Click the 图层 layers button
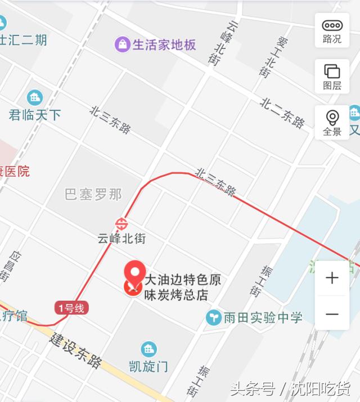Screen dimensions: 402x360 coord(332,76)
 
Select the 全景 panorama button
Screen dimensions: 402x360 coord(332,122)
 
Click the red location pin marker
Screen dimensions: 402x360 coord(134,273)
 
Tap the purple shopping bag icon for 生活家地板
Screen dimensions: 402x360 coord(122,44)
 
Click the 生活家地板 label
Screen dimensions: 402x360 coord(164,45)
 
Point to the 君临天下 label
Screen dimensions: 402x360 coord(35,115)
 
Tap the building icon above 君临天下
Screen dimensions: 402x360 coord(35,97)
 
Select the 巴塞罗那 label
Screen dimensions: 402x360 coord(93,195)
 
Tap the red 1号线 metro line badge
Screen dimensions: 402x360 coord(71,307)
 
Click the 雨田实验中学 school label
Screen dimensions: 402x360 coord(262,318)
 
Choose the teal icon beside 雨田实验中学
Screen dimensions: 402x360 coord(214,318)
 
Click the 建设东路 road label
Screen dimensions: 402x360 coord(75,350)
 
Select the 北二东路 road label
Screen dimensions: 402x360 coord(282,112)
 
